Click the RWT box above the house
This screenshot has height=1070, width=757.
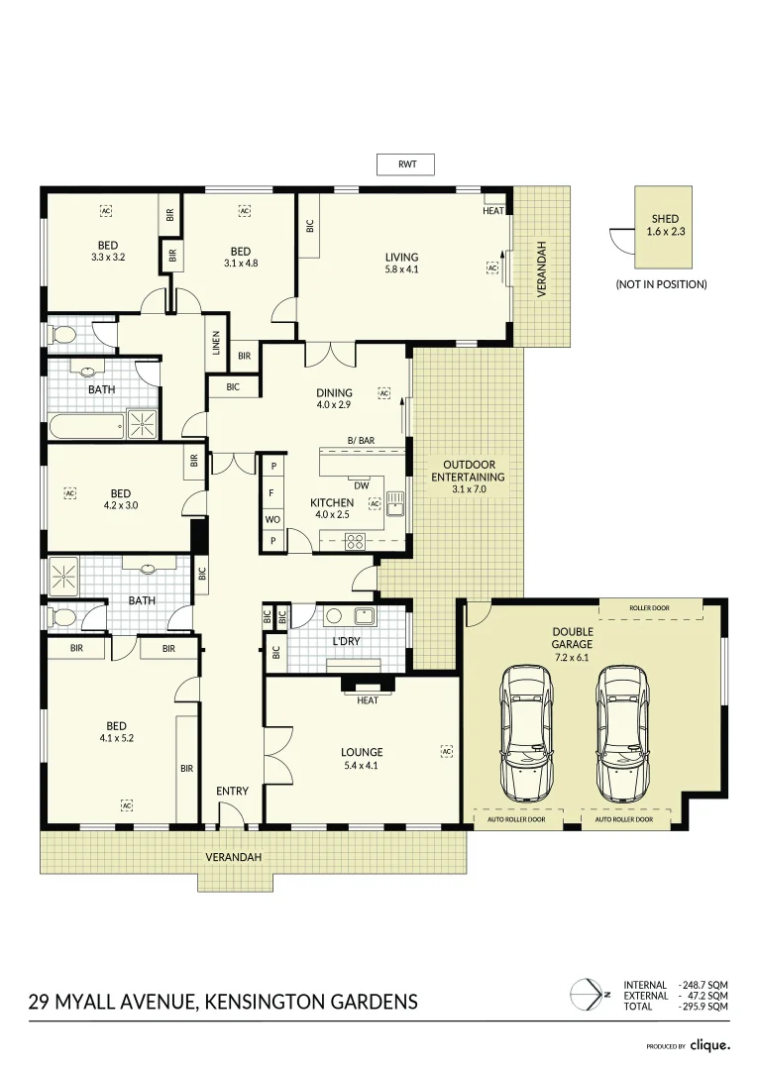coord(406,164)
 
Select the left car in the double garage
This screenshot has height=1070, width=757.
coord(526,732)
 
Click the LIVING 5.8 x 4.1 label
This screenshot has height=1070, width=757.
coord(401,263)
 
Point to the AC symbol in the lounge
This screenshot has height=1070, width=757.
coord(446,752)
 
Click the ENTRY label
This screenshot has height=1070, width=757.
coord(232,791)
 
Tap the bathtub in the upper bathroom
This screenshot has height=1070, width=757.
coord(85,427)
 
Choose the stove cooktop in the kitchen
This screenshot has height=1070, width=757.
coord(354,542)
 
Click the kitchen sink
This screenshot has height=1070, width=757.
coord(395,502)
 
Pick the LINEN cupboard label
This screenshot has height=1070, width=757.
coord(216,345)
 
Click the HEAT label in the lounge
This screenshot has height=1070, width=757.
coord(367,700)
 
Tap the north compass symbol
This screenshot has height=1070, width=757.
coord(589,993)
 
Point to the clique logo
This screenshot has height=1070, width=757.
coord(709,1044)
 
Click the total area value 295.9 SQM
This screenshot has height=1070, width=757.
coord(707,1007)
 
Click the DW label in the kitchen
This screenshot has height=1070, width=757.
coord(361,485)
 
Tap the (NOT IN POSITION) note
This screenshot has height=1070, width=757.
coord(661,284)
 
